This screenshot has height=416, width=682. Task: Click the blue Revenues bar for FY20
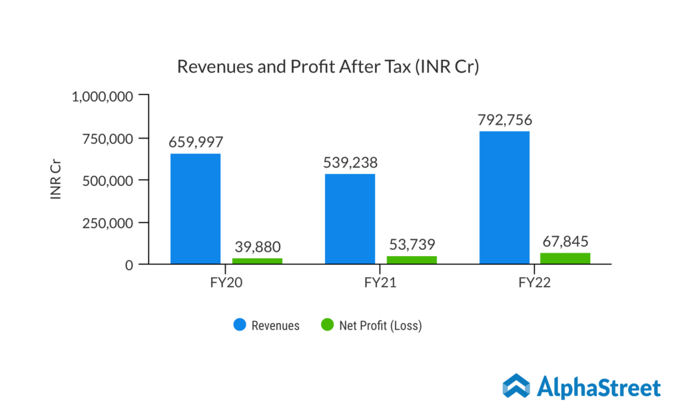click(195, 209)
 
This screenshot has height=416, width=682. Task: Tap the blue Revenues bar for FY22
click(504, 197)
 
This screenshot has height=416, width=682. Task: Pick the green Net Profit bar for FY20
click(257, 261)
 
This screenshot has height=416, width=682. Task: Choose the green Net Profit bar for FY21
click(412, 260)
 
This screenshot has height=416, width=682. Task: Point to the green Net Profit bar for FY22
click(565, 259)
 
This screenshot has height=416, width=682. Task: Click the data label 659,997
click(195, 142)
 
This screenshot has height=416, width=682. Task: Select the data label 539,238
click(350, 162)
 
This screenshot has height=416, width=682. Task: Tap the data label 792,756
click(504, 120)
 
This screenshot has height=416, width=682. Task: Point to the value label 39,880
click(257, 247)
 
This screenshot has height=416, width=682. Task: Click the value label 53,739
click(412, 244)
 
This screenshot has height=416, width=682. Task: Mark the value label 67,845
click(565, 241)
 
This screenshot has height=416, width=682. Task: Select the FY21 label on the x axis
click(380, 282)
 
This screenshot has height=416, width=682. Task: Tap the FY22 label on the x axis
click(535, 282)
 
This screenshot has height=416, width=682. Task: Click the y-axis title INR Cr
click(57, 180)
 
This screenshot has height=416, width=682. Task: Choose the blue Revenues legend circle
click(239, 325)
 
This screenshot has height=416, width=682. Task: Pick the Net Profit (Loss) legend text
click(380, 326)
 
